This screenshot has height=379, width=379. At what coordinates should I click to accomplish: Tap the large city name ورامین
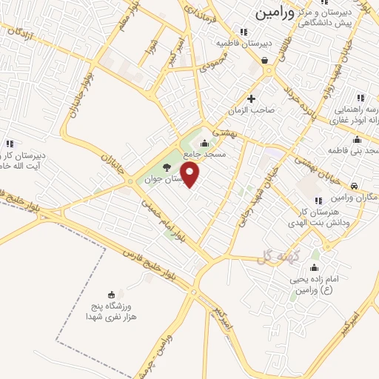274,13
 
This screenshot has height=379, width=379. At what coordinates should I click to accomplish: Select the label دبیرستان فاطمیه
244,43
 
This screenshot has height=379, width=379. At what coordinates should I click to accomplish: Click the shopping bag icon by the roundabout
265,61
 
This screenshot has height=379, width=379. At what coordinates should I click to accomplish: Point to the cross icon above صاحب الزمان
251,98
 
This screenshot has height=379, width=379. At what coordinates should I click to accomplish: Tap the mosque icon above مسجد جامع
205,144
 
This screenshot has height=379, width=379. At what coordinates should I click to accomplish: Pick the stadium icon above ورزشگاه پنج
111,295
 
